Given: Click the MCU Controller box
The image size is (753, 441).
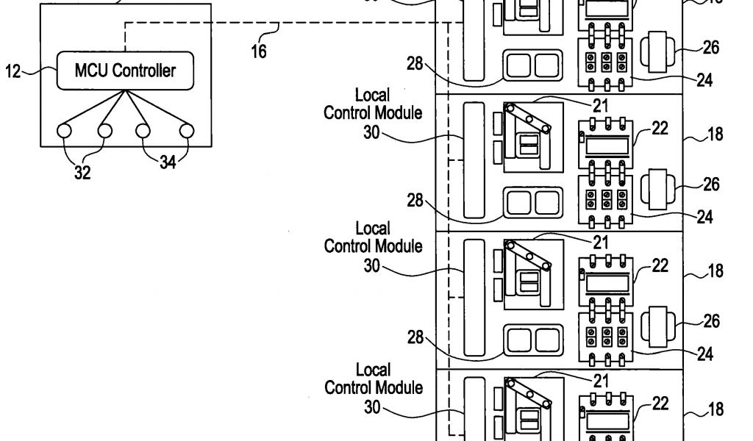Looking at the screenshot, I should pos(126,71).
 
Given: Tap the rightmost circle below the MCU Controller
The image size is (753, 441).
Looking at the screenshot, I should pos(187,131).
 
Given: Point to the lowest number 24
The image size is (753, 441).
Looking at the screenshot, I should pos(704,355).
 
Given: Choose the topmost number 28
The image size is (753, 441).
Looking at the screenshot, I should pos(415,65).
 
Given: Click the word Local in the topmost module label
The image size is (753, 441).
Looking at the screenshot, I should pos(372,96).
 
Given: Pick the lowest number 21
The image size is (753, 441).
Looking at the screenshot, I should pos(601,380).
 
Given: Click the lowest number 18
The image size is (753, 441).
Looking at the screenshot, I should pos(715,409).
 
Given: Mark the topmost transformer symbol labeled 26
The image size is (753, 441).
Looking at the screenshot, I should pos(654,51).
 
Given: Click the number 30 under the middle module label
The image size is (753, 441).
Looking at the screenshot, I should pos(372,266).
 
